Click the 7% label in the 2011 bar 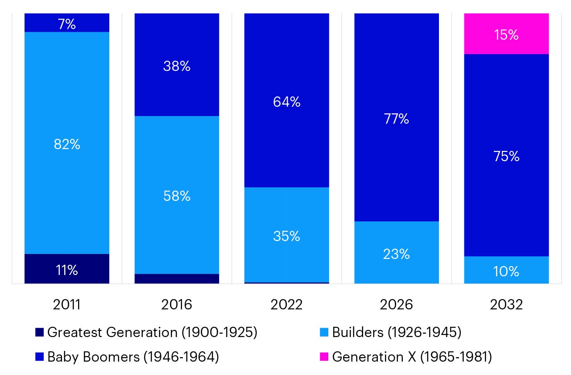66,24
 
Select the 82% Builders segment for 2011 66,144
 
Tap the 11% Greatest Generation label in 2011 66,270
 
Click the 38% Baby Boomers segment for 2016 177,66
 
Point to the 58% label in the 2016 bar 177,196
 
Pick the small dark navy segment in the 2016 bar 177,279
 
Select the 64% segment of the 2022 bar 286,102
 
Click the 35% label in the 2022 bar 286,236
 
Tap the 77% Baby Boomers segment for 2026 397,119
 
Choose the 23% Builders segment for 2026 397,254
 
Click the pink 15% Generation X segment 506,34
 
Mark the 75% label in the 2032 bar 506,156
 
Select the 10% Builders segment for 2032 506,271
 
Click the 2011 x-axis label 66,304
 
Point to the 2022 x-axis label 286,304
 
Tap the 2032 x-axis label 506,304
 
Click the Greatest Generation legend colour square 39,333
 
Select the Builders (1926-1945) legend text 397,333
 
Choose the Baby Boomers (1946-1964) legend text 133,357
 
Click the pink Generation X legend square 324,357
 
